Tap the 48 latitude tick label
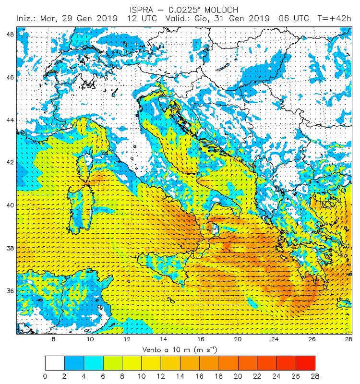pyautogui.click(x=10, y=34)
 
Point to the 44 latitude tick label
pyautogui.click(x=10, y=120)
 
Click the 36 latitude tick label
pyautogui.click(x=10, y=290)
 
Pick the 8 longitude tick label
pyautogui.click(x=53, y=339)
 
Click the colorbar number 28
pyautogui.click(x=315, y=375)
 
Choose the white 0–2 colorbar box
pyautogui.click(x=55, y=362)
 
